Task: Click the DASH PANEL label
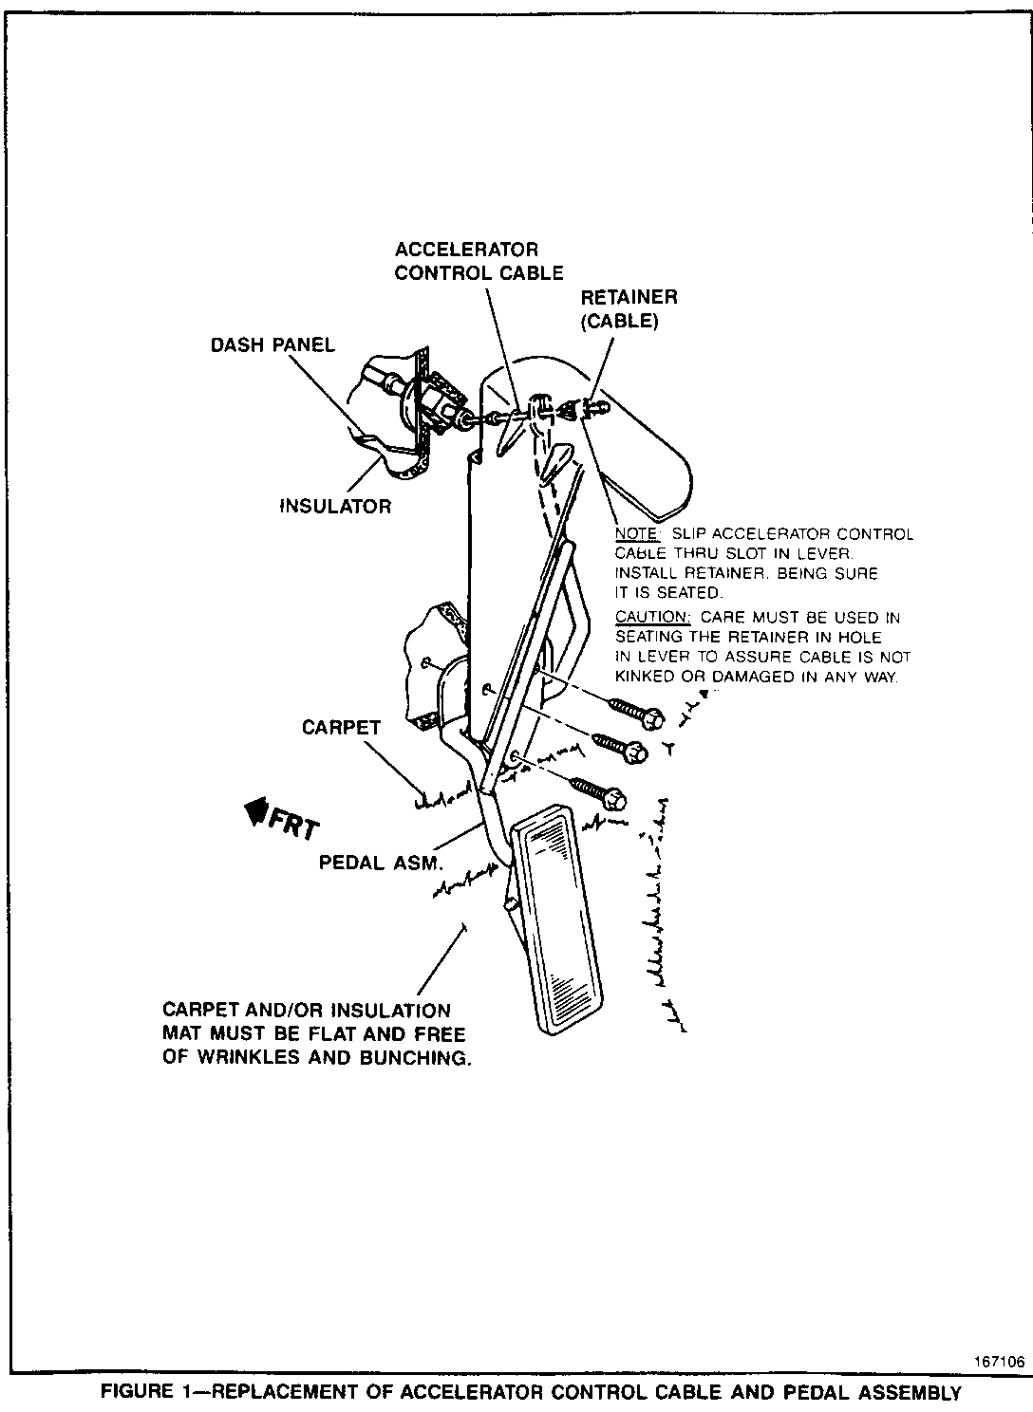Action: point(272,344)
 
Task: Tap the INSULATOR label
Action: point(335,507)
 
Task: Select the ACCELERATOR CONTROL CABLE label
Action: point(479,261)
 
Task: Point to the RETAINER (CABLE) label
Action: point(629,308)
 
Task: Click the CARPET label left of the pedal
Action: point(341,728)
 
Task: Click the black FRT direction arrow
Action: point(255,811)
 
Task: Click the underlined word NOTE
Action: point(636,534)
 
